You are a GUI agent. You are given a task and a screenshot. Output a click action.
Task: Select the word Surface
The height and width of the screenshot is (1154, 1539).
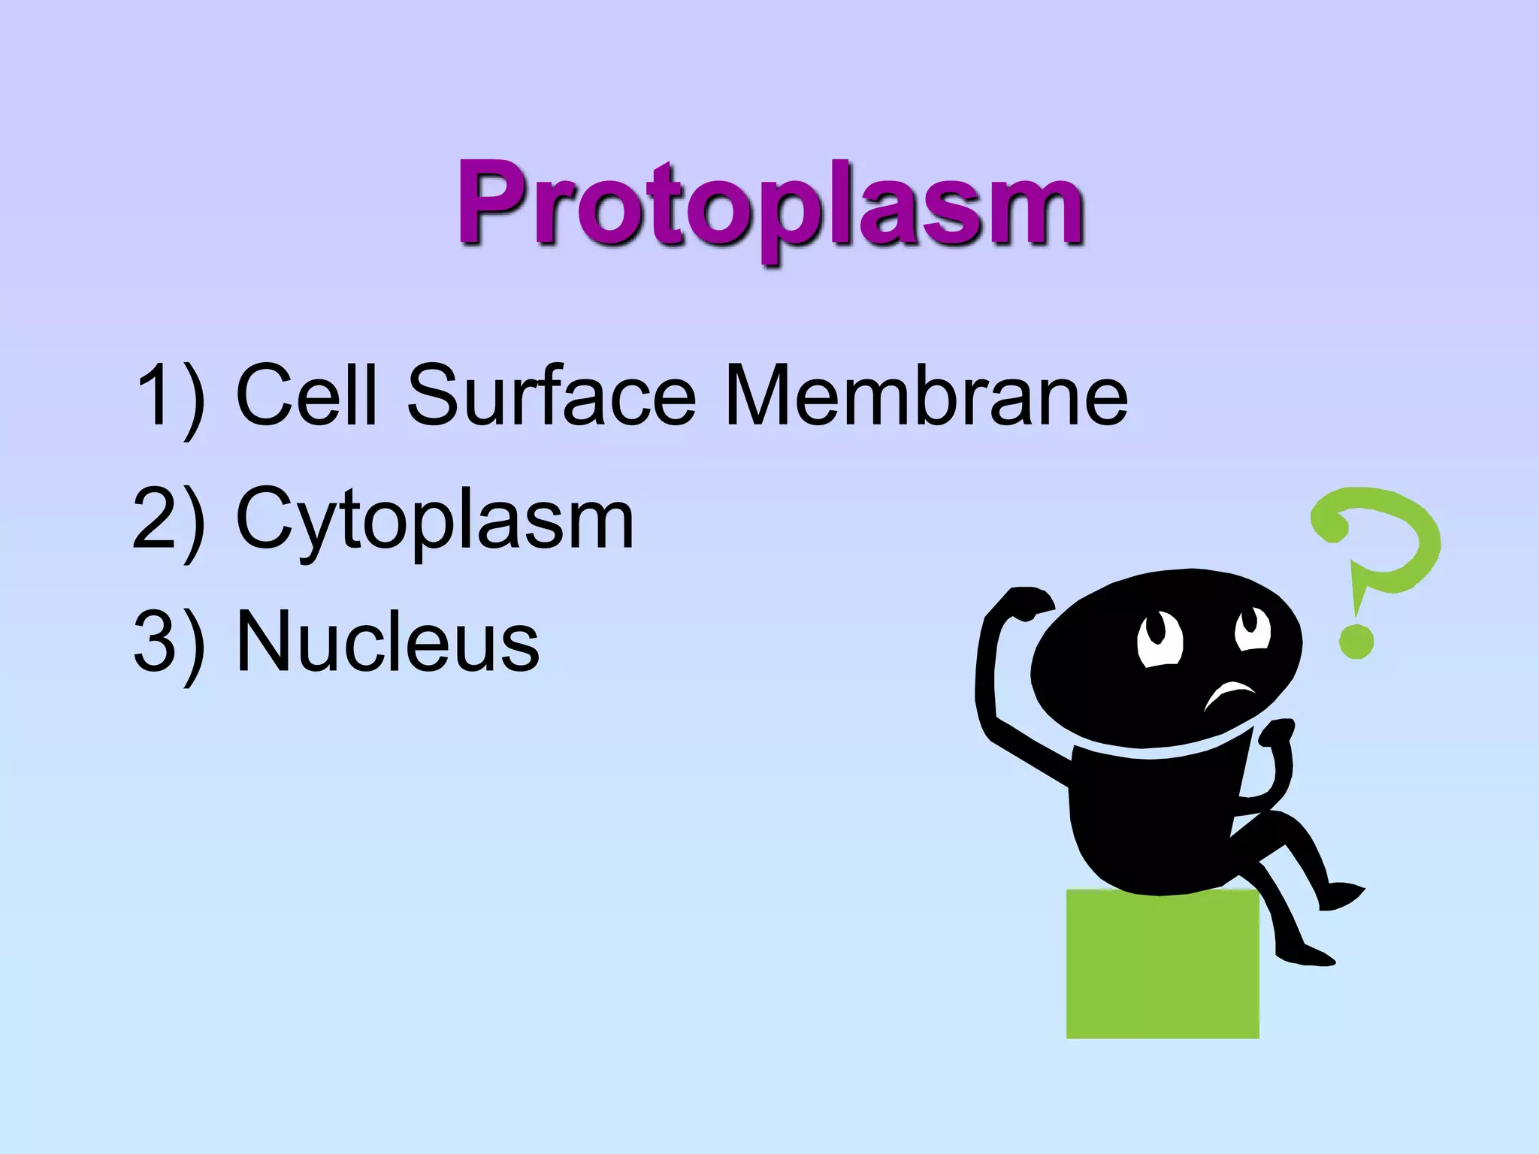pos(551,395)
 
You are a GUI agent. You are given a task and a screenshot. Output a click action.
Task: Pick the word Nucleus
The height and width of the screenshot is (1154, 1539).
pos(387,642)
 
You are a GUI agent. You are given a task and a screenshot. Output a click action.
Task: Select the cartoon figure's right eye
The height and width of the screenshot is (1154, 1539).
pos(1251,627)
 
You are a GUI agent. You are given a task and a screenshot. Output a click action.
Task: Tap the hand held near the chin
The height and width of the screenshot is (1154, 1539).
pos(1277,732)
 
